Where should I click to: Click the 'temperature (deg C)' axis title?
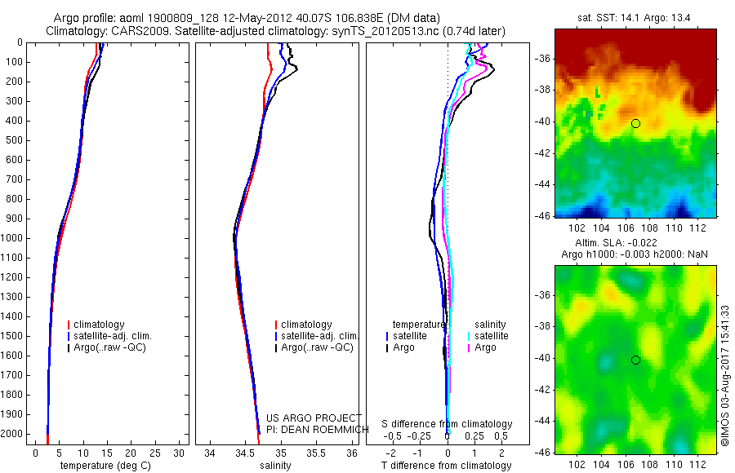coord(104,466)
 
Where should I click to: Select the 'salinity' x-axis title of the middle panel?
coord(274,466)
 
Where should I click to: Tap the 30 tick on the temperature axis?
coord(179,453)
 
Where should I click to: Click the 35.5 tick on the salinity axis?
coord(317,453)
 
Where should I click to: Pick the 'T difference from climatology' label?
coord(448,466)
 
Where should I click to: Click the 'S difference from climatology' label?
coord(448,425)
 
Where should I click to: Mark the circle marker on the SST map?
coord(635,123)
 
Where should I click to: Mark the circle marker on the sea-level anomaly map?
coord(635,360)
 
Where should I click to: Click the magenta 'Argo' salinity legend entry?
coord(485,347)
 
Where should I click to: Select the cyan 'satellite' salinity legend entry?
coord(492,336)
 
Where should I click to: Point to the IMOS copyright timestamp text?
coord(724,376)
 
